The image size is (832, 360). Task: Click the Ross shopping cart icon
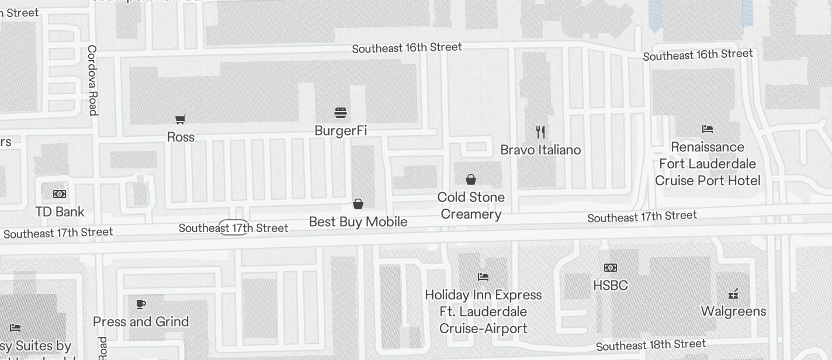[x=181, y=119]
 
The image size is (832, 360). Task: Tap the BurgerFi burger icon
[x=341, y=112]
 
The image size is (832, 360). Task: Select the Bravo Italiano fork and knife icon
[x=540, y=132]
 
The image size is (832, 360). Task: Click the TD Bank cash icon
[x=60, y=194]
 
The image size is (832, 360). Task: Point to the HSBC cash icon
[x=611, y=268]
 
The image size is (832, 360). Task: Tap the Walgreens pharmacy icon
[x=733, y=293]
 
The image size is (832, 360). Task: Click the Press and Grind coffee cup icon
[x=140, y=304]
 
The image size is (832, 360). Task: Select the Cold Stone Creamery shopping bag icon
[x=471, y=179]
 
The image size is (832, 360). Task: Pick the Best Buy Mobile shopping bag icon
[x=358, y=204]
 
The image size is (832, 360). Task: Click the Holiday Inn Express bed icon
[x=483, y=276]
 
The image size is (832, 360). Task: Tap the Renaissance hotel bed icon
[x=708, y=129]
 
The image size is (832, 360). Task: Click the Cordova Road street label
[x=92, y=80]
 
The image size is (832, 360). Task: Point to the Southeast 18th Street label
[x=651, y=345]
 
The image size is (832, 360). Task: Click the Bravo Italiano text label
[x=540, y=150]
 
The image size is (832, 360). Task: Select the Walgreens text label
[x=733, y=311]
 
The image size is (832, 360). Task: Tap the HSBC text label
[x=611, y=285]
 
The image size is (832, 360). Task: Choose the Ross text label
[x=181, y=137]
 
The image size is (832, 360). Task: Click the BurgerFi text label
[x=341, y=130]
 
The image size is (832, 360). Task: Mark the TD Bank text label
[x=60, y=212]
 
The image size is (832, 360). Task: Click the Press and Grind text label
[x=141, y=321]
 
